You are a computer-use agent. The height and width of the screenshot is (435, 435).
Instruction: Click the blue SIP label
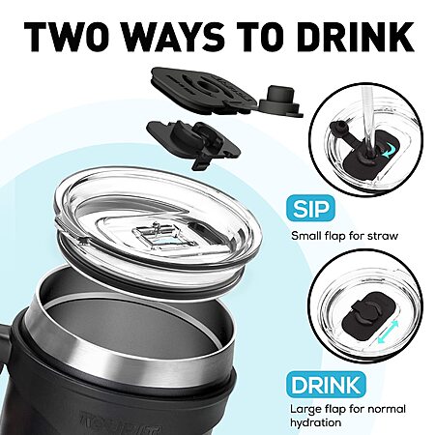coord(310,209)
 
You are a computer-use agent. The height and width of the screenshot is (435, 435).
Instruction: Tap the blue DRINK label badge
coord(326,385)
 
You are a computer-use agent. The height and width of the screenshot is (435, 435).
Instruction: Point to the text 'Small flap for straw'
coord(344,236)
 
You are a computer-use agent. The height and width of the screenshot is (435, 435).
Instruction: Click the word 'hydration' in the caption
coord(315,422)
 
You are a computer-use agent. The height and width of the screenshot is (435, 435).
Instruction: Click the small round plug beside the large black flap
coord(278,101)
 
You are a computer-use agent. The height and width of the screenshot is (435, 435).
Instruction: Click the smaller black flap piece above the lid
coord(194,143)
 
